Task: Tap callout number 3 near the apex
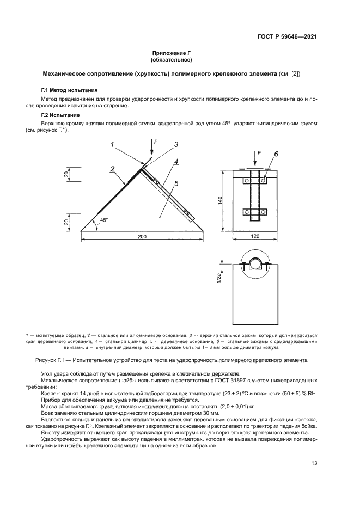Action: (176, 144)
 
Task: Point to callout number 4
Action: (176, 162)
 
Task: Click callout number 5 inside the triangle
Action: (176, 184)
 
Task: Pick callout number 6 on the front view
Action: (276, 155)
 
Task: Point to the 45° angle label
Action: (103, 220)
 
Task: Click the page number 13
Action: (314, 463)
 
